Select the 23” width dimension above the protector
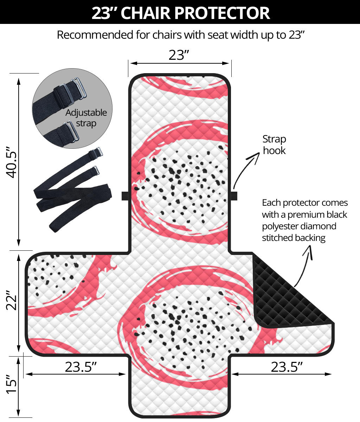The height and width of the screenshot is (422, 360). (x=179, y=55)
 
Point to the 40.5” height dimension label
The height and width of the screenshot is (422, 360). (x=12, y=162)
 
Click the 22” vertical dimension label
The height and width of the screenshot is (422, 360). (x=12, y=300)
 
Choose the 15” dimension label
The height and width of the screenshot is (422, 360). (x=12, y=384)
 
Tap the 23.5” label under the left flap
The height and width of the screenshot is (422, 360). (x=81, y=367)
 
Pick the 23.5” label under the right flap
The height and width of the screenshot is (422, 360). (x=287, y=367)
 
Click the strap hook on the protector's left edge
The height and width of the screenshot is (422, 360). (x=125, y=196)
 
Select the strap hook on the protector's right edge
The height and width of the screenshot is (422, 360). (x=234, y=196)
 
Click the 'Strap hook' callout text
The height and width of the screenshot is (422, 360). (x=274, y=145)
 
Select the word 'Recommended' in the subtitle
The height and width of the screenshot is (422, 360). (x=95, y=35)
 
